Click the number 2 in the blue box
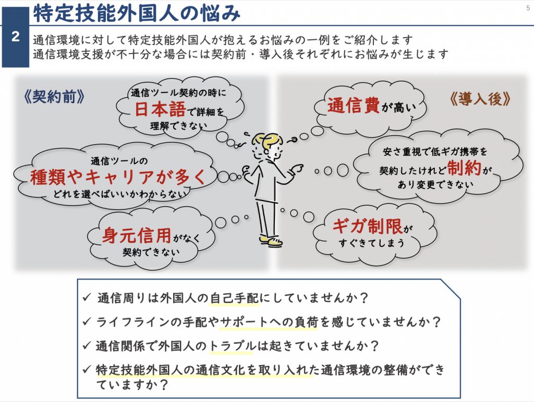coord(15,37)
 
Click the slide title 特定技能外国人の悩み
coord(137,13)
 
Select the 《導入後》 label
coord(480,98)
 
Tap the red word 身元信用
coord(137,235)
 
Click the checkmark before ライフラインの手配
coord(87,322)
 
